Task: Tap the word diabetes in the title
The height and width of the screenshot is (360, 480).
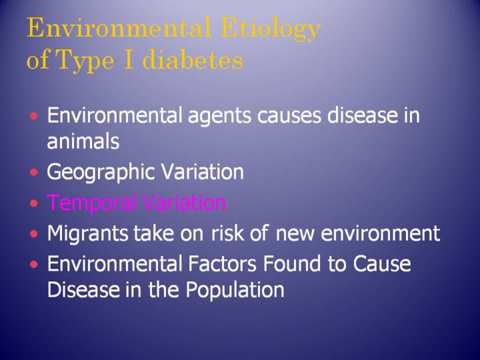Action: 193,59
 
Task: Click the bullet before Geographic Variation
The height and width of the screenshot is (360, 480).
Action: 34,173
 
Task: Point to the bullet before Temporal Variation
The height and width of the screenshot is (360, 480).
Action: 34,203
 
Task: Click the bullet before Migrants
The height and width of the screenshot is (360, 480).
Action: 34,234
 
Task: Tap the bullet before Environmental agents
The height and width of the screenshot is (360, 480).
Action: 34,116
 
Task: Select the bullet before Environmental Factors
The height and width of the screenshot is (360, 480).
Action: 34,264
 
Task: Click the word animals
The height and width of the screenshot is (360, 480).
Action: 83,141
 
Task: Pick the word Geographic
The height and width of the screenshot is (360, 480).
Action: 102,173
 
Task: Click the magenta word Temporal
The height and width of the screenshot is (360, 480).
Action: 92,203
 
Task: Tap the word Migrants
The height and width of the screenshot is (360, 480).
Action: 87,234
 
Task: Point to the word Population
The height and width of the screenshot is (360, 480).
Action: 235,289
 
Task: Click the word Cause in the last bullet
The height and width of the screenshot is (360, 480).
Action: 382,263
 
